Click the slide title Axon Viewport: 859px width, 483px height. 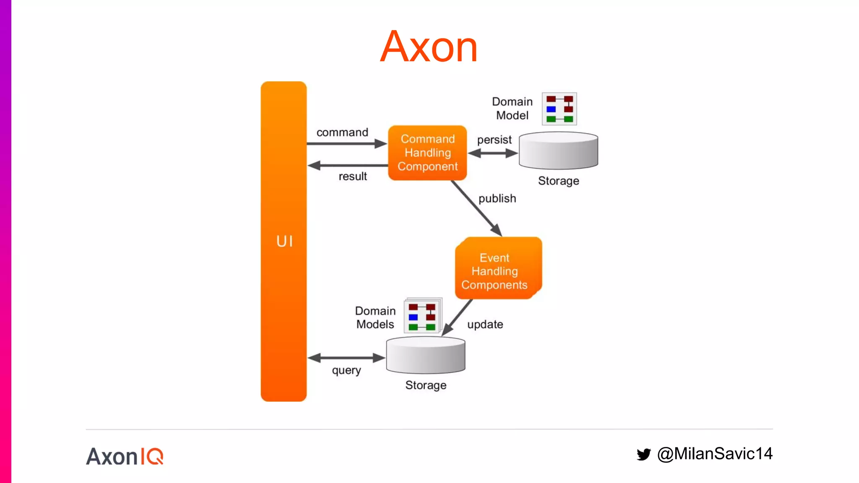coord(429,47)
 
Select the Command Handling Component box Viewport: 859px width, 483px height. coord(427,153)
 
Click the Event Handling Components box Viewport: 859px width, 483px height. coord(498,269)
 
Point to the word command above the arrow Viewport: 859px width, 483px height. coord(342,132)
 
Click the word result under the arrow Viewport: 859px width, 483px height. coord(352,177)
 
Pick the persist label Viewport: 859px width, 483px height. coord(494,140)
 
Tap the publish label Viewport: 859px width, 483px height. coord(497,198)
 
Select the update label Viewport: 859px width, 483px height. coord(485,325)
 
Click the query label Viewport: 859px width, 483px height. coord(346,371)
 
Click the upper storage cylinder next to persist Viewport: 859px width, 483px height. coord(558,151)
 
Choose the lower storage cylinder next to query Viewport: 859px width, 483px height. coord(425,355)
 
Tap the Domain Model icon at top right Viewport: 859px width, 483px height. coord(559,109)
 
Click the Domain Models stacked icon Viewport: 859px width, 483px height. coord(422,316)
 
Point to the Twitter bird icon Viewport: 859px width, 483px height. coord(643,454)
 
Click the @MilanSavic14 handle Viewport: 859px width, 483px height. coord(715,454)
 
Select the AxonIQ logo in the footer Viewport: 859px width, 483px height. coord(125,457)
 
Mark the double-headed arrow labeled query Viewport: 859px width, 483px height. coord(346,358)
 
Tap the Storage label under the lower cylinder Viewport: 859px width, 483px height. coord(425,385)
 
